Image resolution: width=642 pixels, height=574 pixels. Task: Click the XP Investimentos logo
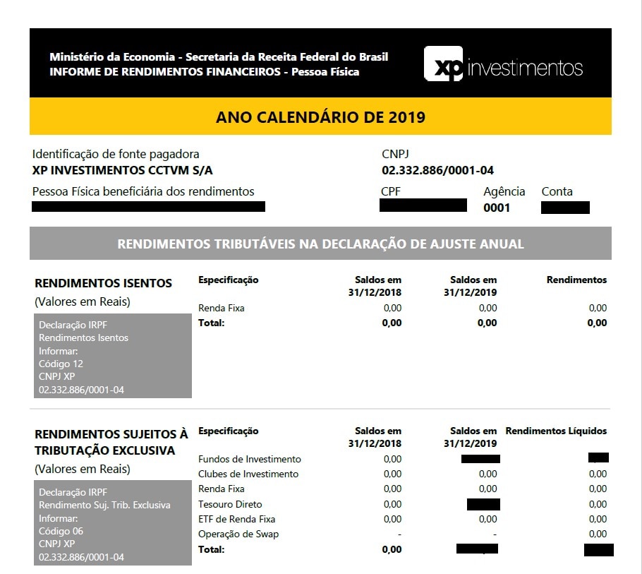pyautogui.click(x=503, y=64)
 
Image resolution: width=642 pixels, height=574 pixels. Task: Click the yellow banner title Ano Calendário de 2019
pyautogui.click(x=320, y=117)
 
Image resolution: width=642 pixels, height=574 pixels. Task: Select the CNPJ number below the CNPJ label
pyautogui.click(x=437, y=170)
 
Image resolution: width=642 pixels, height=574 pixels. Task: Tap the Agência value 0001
pyautogui.click(x=497, y=208)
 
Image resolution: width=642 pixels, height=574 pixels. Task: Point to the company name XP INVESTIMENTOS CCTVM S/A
pyautogui.click(x=123, y=170)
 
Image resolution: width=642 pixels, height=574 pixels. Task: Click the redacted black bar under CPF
pyautogui.click(x=423, y=205)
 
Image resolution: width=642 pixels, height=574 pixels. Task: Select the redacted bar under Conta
pyautogui.click(x=565, y=208)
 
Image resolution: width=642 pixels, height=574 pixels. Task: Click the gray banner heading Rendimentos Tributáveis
pyautogui.click(x=320, y=244)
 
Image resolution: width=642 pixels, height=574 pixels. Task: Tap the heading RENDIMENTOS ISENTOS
pyautogui.click(x=103, y=283)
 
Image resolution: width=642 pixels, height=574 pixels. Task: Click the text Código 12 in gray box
pyautogui.click(x=61, y=364)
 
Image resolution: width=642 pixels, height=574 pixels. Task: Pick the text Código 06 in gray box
pyautogui.click(x=61, y=531)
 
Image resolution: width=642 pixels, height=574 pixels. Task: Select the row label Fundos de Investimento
pyautogui.click(x=250, y=459)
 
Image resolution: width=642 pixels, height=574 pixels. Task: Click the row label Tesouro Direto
pyautogui.click(x=230, y=504)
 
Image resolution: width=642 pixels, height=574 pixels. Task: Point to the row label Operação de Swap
pyautogui.click(x=238, y=534)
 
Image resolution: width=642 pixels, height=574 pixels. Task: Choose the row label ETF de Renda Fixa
pyautogui.click(x=236, y=519)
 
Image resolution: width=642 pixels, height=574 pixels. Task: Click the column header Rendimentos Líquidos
pyautogui.click(x=556, y=431)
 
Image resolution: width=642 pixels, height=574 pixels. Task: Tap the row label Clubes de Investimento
pyautogui.click(x=248, y=474)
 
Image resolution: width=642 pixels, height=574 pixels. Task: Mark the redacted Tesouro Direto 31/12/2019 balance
pyautogui.click(x=483, y=504)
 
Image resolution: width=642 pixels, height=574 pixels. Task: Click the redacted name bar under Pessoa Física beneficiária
pyautogui.click(x=149, y=206)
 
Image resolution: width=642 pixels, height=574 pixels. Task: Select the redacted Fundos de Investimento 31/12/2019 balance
pyautogui.click(x=480, y=459)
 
